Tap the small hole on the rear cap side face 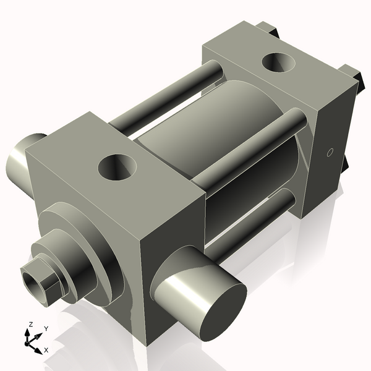(330, 151)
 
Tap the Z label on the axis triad (30, 325)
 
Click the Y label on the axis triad (46, 329)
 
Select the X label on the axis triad (46, 349)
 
